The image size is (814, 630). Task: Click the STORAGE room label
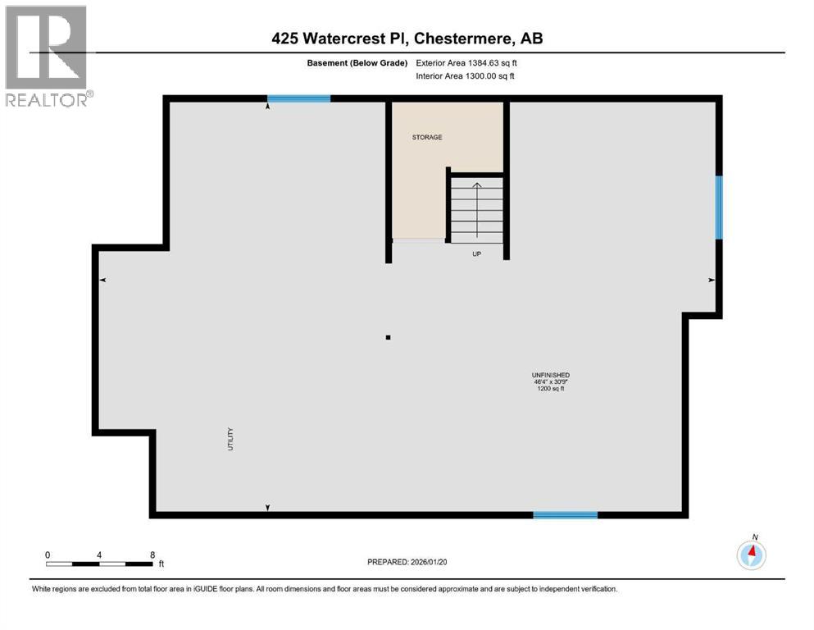(426, 137)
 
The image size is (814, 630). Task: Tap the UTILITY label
(231, 439)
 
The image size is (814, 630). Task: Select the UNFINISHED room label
(550, 375)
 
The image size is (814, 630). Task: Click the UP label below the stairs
(476, 253)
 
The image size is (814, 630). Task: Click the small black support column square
(388, 336)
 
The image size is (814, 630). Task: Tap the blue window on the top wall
(298, 98)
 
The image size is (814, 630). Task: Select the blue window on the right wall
(719, 208)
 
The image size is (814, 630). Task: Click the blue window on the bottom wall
(565, 515)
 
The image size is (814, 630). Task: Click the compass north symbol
(751, 555)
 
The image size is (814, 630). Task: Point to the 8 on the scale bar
(152, 555)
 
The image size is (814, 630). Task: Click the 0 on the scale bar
(48, 555)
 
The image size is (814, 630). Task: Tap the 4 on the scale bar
(99, 555)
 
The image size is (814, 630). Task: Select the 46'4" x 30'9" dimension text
(550, 382)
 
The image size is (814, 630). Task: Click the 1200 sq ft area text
(550, 389)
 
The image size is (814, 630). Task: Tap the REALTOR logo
(47, 56)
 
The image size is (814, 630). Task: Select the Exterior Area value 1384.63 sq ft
(492, 62)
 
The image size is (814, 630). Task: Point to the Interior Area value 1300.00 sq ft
(492, 76)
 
